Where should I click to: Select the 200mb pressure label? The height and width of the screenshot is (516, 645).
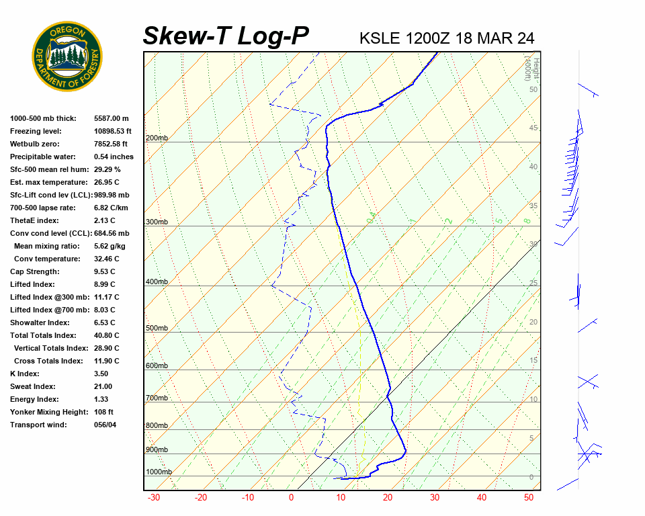(x=157, y=138)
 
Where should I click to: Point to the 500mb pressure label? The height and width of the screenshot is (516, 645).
(x=157, y=328)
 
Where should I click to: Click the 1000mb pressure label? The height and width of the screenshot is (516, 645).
(x=159, y=472)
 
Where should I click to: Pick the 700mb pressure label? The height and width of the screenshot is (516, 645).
(x=157, y=398)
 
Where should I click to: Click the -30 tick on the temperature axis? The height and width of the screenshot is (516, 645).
(x=153, y=498)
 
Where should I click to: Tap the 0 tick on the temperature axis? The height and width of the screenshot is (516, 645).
(x=292, y=498)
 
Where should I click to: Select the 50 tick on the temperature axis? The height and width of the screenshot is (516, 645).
(x=529, y=498)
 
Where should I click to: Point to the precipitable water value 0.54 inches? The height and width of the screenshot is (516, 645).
(x=114, y=157)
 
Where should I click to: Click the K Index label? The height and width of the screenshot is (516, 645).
(x=25, y=374)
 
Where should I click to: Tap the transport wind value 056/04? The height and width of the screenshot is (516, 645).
(x=105, y=425)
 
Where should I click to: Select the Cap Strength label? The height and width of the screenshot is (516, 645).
(x=34, y=271)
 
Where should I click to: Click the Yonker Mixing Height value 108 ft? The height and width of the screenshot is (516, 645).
(x=103, y=412)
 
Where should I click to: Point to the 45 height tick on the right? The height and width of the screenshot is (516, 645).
(x=533, y=128)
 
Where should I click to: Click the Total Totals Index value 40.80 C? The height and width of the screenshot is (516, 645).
(x=106, y=335)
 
